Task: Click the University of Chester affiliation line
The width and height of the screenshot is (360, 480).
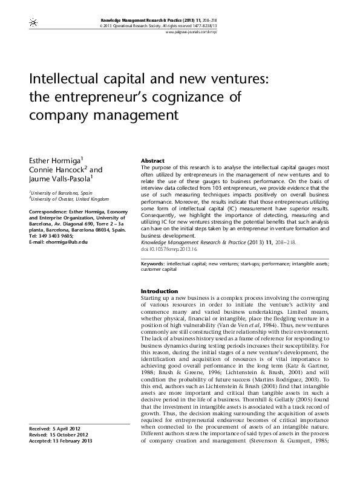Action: (60, 198)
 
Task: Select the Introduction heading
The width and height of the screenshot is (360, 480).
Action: (159, 291)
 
